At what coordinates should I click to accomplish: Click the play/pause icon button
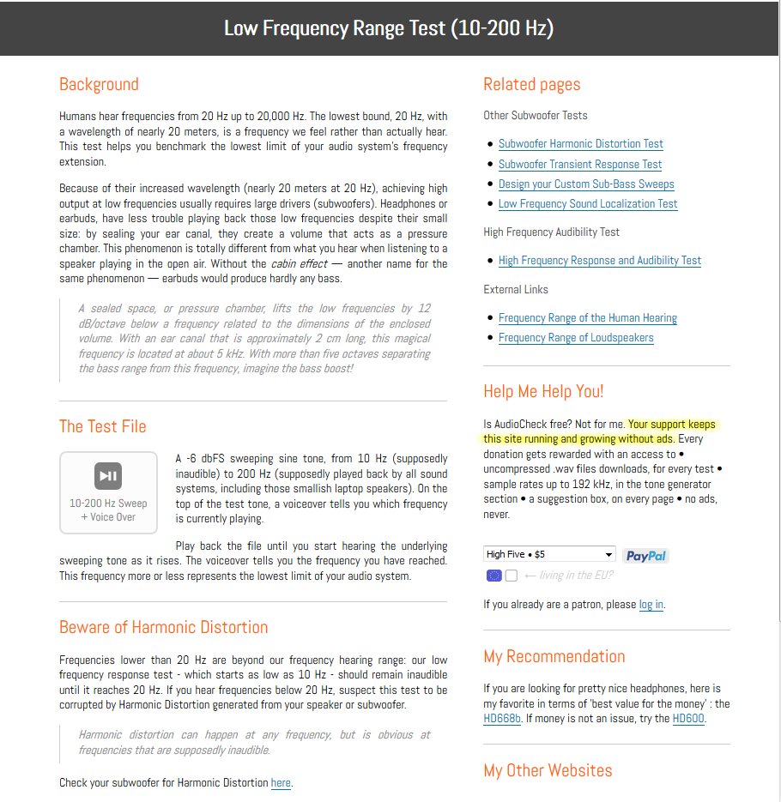(108, 476)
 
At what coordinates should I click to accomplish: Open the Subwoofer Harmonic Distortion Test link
(580, 144)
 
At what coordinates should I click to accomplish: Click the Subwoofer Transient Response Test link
(579, 164)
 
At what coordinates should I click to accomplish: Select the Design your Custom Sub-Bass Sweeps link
(585, 184)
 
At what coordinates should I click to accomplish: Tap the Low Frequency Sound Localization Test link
(587, 204)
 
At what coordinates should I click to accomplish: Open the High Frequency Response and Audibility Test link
(599, 261)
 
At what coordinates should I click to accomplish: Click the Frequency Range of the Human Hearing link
(587, 318)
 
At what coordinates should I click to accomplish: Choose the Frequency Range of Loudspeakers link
(575, 338)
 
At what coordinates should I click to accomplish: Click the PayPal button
(645, 556)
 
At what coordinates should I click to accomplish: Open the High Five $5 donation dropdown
(549, 554)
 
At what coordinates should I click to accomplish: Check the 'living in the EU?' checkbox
(512, 576)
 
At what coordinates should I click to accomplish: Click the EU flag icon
(493, 576)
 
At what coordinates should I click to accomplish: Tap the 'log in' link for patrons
(651, 605)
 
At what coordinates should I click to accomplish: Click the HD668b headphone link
(502, 719)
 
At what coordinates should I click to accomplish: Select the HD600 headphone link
(688, 719)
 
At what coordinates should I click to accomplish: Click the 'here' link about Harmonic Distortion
(281, 783)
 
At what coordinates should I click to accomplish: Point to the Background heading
(99, 84)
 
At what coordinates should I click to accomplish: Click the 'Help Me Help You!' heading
(543, 391)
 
